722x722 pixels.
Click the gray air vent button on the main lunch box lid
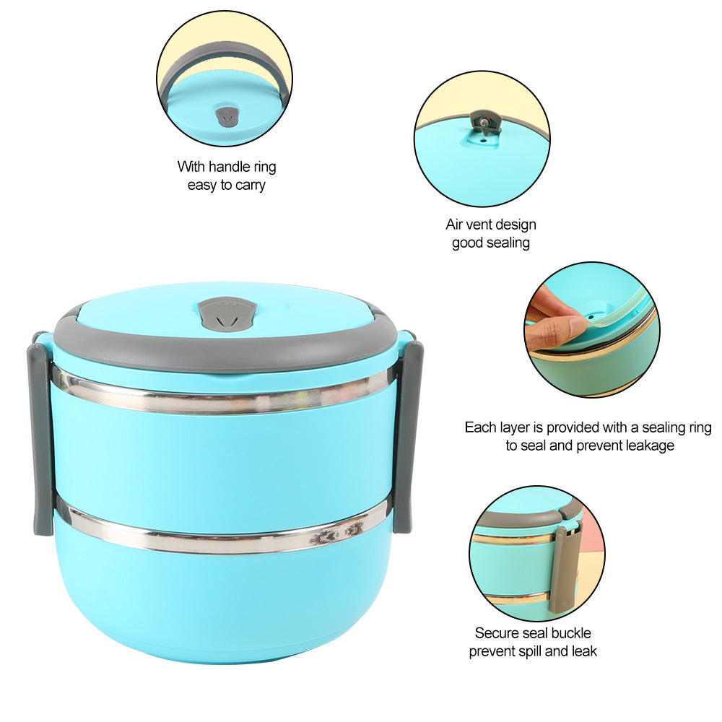(x=227, y=314)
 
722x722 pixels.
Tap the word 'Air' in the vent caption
(x=456, y=225)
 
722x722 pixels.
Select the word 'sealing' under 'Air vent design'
(x=507, y=243)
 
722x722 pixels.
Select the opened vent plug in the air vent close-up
(x=484, y=122)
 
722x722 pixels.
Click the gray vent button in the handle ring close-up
(x=227, y=116)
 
